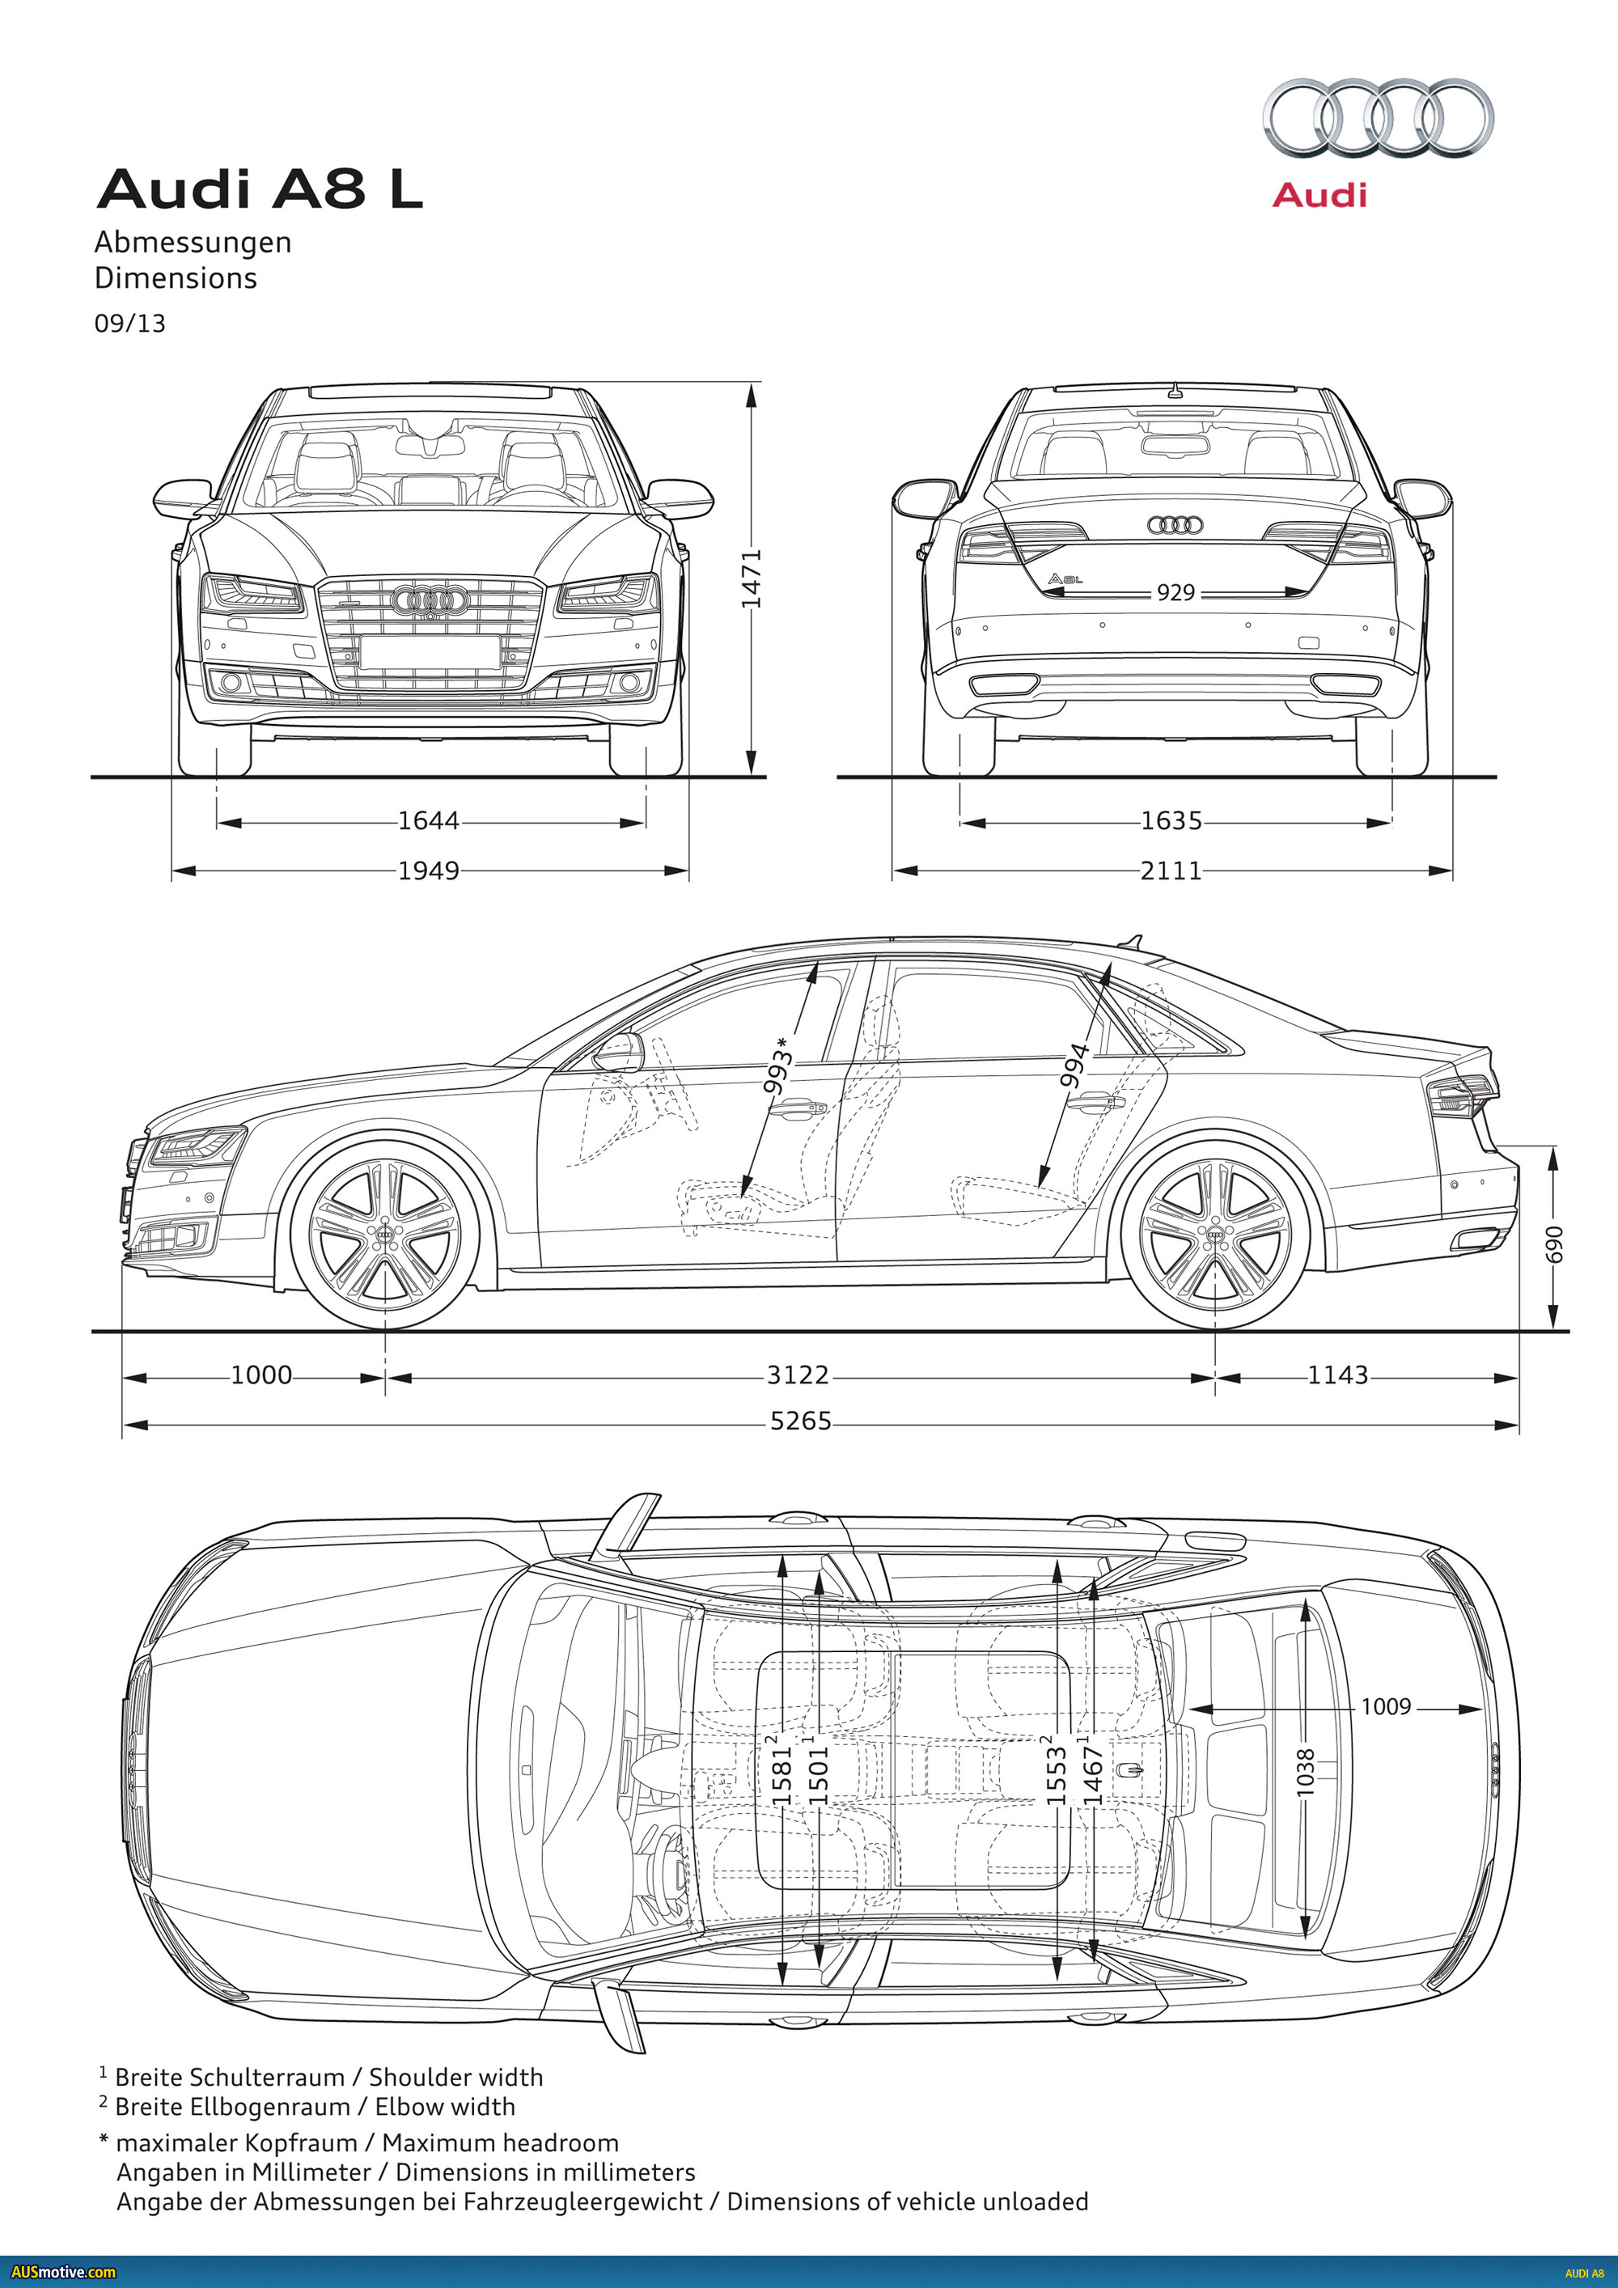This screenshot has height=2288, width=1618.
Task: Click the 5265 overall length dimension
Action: (x=800, y=1421)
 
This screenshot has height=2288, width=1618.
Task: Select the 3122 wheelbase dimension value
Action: (x=797, y=1375)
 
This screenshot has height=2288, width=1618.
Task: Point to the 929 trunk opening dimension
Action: (x=1175, y=593)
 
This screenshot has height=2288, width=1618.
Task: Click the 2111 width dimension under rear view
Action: (x=1171, y=871)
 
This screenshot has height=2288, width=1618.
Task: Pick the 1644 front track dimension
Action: (x=429, y=821)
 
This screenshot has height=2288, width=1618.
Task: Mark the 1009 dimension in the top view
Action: (x=1386, y=1707)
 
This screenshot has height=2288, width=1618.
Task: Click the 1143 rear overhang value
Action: (x=1337, y=1375)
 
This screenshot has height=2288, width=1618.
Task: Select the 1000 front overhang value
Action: (x=261, y=1375)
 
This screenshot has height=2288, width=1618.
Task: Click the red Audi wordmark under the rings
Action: (x=1319, y=195)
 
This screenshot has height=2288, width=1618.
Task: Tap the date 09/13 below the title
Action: (x=129, y=324)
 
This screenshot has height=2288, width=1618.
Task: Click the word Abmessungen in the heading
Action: (x=193, y=242)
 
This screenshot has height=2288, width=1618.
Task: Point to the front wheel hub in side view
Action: (x=384, y=1235)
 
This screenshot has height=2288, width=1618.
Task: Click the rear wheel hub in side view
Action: (x=1214, y=1235)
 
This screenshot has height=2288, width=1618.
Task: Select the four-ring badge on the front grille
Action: (x=430, y=600)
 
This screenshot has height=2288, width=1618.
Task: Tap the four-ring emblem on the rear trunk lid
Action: (x=1175, y=525)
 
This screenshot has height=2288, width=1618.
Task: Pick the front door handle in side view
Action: (x=803, y=1106)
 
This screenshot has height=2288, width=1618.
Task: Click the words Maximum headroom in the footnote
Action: (x=500, y=2142)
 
